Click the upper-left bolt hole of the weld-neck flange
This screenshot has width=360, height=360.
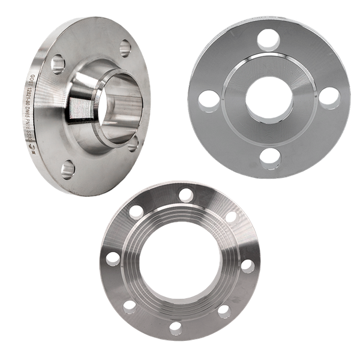click(x=58, y=62)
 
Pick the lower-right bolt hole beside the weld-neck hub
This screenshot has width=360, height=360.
click(x=134, y=142)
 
